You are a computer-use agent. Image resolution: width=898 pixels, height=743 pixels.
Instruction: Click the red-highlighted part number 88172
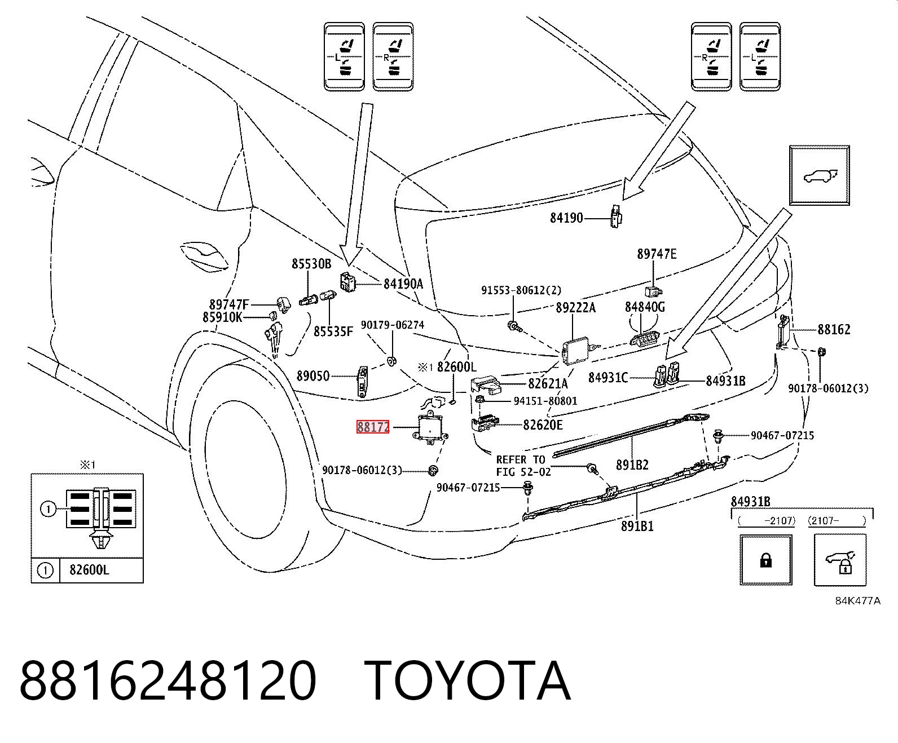[373, 427]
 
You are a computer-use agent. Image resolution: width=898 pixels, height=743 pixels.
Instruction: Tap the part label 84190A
[403, 284]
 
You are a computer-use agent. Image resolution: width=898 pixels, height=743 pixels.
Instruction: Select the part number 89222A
[575, 307]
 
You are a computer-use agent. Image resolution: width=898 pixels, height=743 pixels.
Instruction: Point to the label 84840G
[645, 307]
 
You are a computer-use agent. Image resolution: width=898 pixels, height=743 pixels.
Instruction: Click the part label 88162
[834, 329]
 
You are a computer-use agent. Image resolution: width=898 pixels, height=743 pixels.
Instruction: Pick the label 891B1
[637, 526]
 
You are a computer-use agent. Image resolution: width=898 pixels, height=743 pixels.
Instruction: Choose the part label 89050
[313, 376]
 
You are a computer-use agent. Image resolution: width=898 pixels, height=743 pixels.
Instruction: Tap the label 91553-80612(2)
[521, 291]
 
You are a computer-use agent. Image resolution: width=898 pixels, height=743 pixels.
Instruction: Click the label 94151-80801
[545, 401]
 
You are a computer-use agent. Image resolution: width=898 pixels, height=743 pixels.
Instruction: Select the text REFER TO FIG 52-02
[523, 466]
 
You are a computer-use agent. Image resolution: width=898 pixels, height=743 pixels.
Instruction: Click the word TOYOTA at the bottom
[468, 680]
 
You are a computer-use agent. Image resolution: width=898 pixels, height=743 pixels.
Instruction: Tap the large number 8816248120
[168, 680]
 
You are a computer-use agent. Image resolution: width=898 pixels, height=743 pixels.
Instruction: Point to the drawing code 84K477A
[857, 601]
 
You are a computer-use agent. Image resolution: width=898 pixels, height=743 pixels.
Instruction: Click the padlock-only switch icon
[766, 560]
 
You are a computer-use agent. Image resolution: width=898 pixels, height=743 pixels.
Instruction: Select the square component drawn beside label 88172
[430, 429]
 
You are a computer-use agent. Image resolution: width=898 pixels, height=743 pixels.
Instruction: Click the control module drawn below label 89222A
[575, 351]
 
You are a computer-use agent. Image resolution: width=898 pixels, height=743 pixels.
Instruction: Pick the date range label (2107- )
[837, 521]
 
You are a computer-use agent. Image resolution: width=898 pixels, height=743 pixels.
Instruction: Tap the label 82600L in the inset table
[90, 570]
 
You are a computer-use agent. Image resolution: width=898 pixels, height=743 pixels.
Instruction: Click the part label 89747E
[657, 254]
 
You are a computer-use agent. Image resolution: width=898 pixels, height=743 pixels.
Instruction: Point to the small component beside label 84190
[615, 216]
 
